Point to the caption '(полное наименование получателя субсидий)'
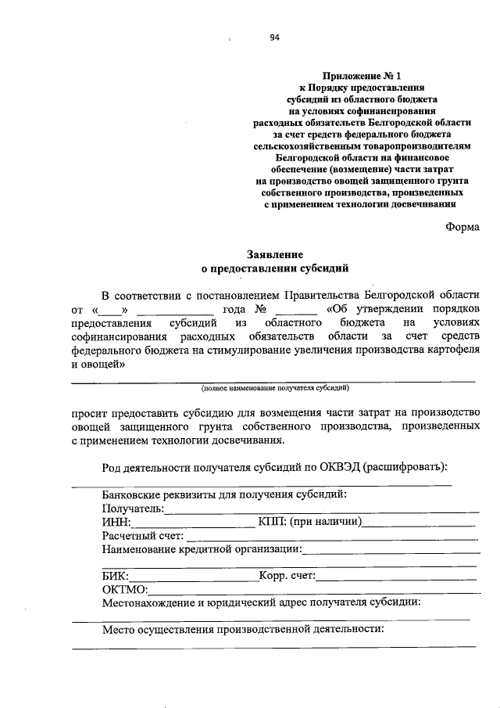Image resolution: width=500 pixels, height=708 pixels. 274,387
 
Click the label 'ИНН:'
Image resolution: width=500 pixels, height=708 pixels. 116,522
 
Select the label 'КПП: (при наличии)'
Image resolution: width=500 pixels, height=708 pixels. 309,522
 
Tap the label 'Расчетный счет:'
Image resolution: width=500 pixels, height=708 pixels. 142,536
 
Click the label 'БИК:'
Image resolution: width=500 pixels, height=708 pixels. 116,577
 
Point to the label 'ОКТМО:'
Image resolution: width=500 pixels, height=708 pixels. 124,590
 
